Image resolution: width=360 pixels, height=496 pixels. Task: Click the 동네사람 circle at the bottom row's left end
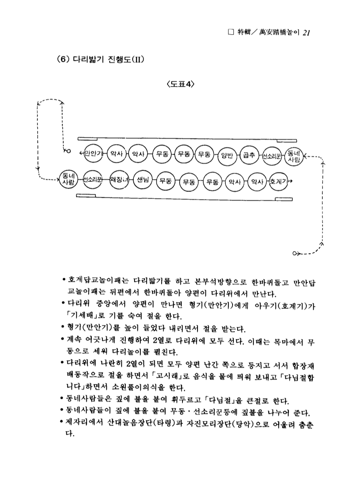click(67, 180)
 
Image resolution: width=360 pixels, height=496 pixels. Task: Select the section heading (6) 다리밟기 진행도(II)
click(100, 58)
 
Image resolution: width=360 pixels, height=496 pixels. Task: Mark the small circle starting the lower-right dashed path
click(295, 253)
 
